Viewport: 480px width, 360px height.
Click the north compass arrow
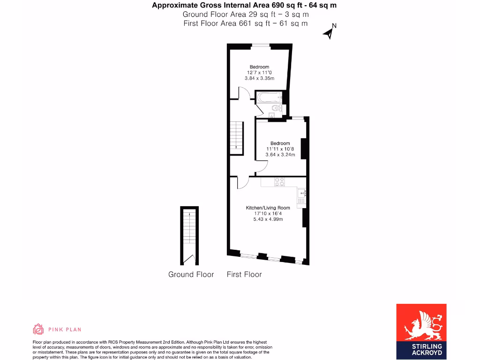[329, 32]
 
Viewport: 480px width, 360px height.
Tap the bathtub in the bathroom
[269, 98]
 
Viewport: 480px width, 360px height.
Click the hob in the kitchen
[279, 181]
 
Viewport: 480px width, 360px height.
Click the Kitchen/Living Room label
[268, 208]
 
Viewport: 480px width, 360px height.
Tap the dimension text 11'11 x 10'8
[280, 149]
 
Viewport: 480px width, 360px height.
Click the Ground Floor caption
[191, 274]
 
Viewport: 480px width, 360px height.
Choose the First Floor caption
[244, 274]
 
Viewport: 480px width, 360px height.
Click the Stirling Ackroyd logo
[421, 330]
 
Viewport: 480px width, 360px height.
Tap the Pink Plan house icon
[38, 329]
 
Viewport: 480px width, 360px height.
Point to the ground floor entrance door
[190, 259]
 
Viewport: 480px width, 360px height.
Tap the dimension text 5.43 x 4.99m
[268, 219]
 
